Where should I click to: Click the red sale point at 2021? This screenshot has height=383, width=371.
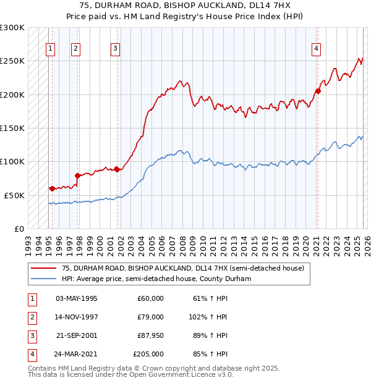pos(318,91)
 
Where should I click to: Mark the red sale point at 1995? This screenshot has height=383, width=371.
pos(52,188)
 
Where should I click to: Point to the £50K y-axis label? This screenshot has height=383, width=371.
pos(14,195)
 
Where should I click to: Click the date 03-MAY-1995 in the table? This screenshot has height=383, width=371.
pos(77,298)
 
